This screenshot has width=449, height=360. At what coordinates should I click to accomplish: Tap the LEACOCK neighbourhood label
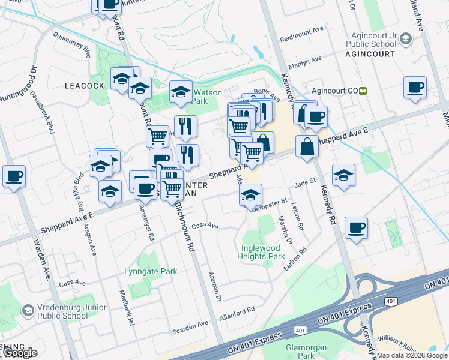pyautogui.click(x=85, y=86)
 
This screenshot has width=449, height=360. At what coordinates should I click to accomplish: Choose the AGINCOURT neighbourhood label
pyautogui.click(x=370, y=53)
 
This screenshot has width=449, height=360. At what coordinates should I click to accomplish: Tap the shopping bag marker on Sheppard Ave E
pyautogui.click(x=307, y=146)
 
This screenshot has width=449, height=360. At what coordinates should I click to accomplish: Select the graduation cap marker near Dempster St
pyautogui.click(x=250, y=194)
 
